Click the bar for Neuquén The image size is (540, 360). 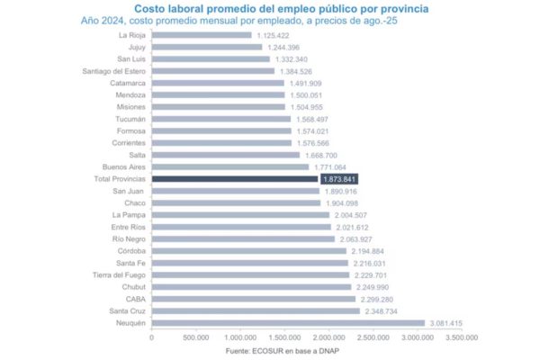[x=288, y=322]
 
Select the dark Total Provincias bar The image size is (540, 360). [x=235, y=178]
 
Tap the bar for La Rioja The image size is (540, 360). [x=202, y=34]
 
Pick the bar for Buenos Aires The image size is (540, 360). [x=230, y=166]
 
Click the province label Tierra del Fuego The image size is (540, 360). [x=118, y=274]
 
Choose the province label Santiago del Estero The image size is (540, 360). [x=114, y=70]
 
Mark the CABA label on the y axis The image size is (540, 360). [x=135, y=299]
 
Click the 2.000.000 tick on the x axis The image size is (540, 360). [x=328, y=337]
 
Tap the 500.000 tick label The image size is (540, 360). [x=195, y=337]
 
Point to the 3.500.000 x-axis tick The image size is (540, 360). [x=459, y=337]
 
